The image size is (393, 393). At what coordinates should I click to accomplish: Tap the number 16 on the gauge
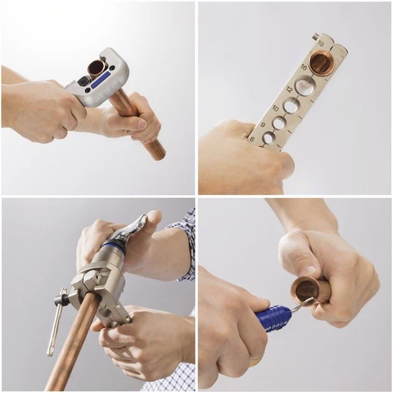pos(304,68)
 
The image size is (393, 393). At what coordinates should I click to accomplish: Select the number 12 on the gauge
pos(290,89)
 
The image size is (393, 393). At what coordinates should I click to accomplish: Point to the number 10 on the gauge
pos(276,108)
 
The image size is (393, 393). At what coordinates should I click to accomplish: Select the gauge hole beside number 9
pos(278,123)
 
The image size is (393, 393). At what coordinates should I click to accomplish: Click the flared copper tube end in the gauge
pos(325,62)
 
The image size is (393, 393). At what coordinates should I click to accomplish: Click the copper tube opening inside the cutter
pos(97,68)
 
